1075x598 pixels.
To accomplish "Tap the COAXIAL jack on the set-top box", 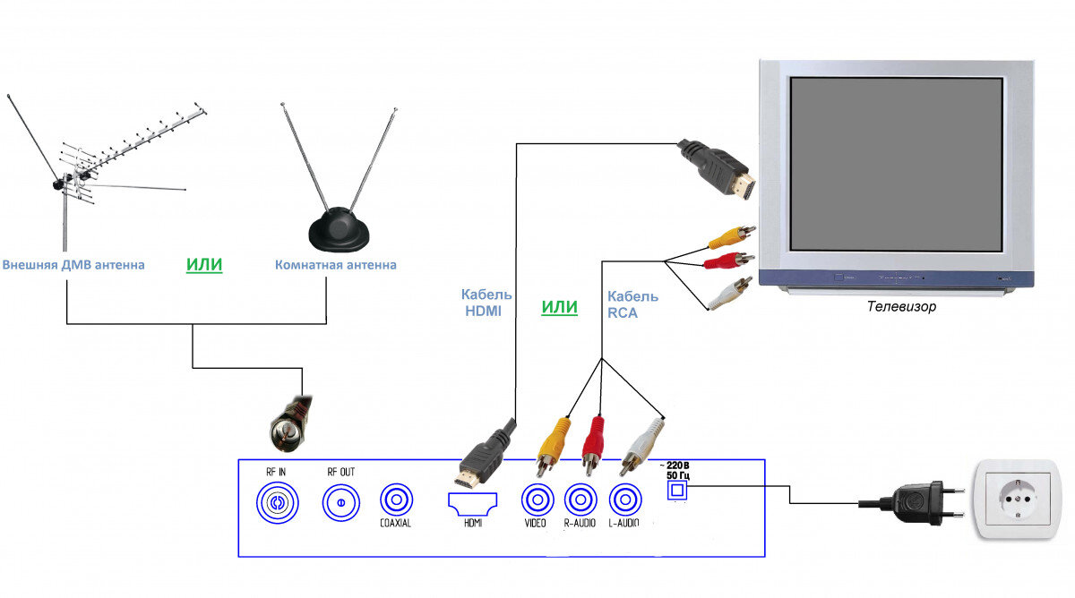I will click(x=395, y=499).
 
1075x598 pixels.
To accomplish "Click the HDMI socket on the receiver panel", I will click(x=472, y=502).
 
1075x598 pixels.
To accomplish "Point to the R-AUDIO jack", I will click(x=580, y=499).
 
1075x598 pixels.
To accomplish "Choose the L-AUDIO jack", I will click(x=624, y=499).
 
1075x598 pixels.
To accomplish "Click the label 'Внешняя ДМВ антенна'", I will click(x=73, y=265).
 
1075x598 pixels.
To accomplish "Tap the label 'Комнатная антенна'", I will click(x=335, y=265).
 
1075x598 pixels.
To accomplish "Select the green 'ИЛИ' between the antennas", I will click(x=203, y=265).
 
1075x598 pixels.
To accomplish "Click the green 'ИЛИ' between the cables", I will click(x=559, y=307).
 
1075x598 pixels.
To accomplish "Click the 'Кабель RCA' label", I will click(x=632, y=303).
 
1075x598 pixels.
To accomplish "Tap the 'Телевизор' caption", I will click(x=901, y=306).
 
